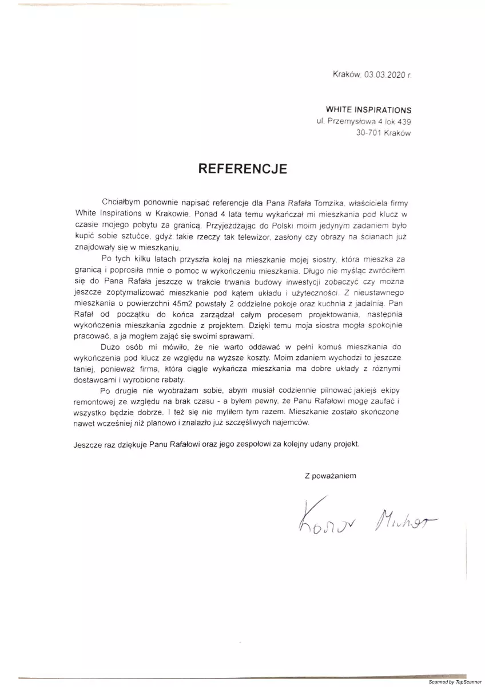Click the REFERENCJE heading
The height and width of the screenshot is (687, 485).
(242, 168)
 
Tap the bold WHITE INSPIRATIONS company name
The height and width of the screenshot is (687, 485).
(368, 109)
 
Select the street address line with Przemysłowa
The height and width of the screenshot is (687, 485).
(363, 121)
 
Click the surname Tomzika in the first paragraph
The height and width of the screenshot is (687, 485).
(312, 203)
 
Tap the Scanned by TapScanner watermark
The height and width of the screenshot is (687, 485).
(455, 682)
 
